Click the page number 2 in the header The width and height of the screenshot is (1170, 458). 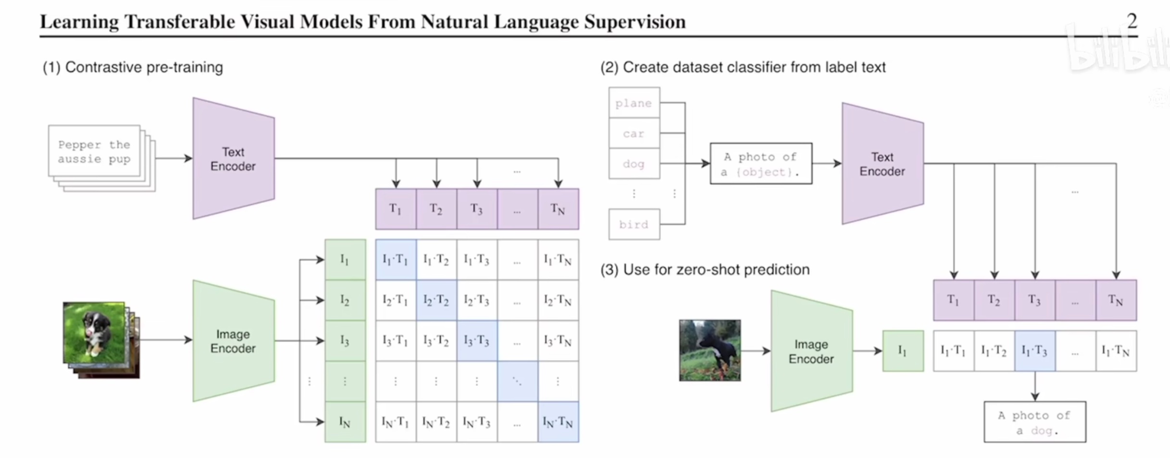click(x=1132, y=21)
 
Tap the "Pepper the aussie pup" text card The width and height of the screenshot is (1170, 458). click(x=94, y=151)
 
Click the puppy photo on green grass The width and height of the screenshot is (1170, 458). click(x=94, y=332)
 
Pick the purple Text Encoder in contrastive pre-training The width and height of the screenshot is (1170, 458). click(x=234, y=159)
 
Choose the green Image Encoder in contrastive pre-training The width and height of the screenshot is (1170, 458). click(x=234, y=341)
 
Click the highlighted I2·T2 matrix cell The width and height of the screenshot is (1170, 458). click(x=436, y=301)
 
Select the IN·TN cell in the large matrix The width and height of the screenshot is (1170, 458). click(x=558, y=422)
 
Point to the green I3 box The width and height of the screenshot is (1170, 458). click(x=345, y=341)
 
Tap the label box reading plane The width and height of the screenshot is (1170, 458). click(x=634, y=103)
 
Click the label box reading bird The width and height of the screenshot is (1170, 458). click(x=634, y=224)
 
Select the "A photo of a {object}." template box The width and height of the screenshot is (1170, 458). click(x=761, y=164)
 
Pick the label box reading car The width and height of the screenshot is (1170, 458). click(x=634, y=133)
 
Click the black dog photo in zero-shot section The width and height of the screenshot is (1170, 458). click(x=709, y=350)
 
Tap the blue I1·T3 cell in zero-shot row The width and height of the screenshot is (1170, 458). click(x=1034, y=351)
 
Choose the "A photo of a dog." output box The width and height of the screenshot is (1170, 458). click(x=1034, y=422)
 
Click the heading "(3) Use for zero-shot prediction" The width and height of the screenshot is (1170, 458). click(x=705, y=270)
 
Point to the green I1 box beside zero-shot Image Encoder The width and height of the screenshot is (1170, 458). click(x=903, y=351)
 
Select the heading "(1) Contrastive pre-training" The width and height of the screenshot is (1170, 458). click(x=133, y=67)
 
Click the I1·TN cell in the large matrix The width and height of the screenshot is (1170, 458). click(x=558, y=260)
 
